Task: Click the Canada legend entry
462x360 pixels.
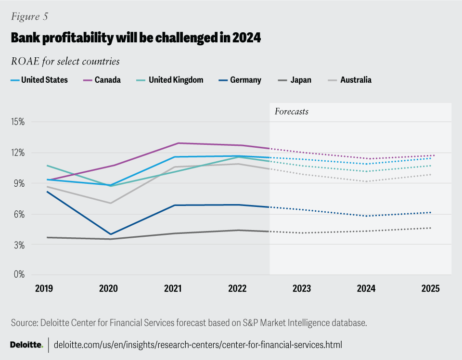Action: pyautogui.click(x=103, y=80)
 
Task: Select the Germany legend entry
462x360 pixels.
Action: pyautogui.click(x=241, y=80)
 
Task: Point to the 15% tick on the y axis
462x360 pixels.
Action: pyautogui.click(x=18, y=122)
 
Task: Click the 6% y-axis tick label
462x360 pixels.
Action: pyautogui.click(x=20, y=214)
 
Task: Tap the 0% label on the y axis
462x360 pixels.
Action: pyautogui.click(x=20, y=275)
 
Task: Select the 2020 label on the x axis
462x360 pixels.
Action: pyautogui.click(x=108, y=289)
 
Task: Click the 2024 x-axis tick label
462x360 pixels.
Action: pyautogui.click(x=366, y=289)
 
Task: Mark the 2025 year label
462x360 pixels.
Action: pyautogui.click(x=431, y=289)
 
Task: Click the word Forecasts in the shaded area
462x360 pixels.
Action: pyautogui.click(x=292, y=112)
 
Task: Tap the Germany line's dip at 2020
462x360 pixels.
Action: pyautogui.click(x=111, y=234)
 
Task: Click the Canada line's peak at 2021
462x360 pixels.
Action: pyautogui.click(x=178, y=143)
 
